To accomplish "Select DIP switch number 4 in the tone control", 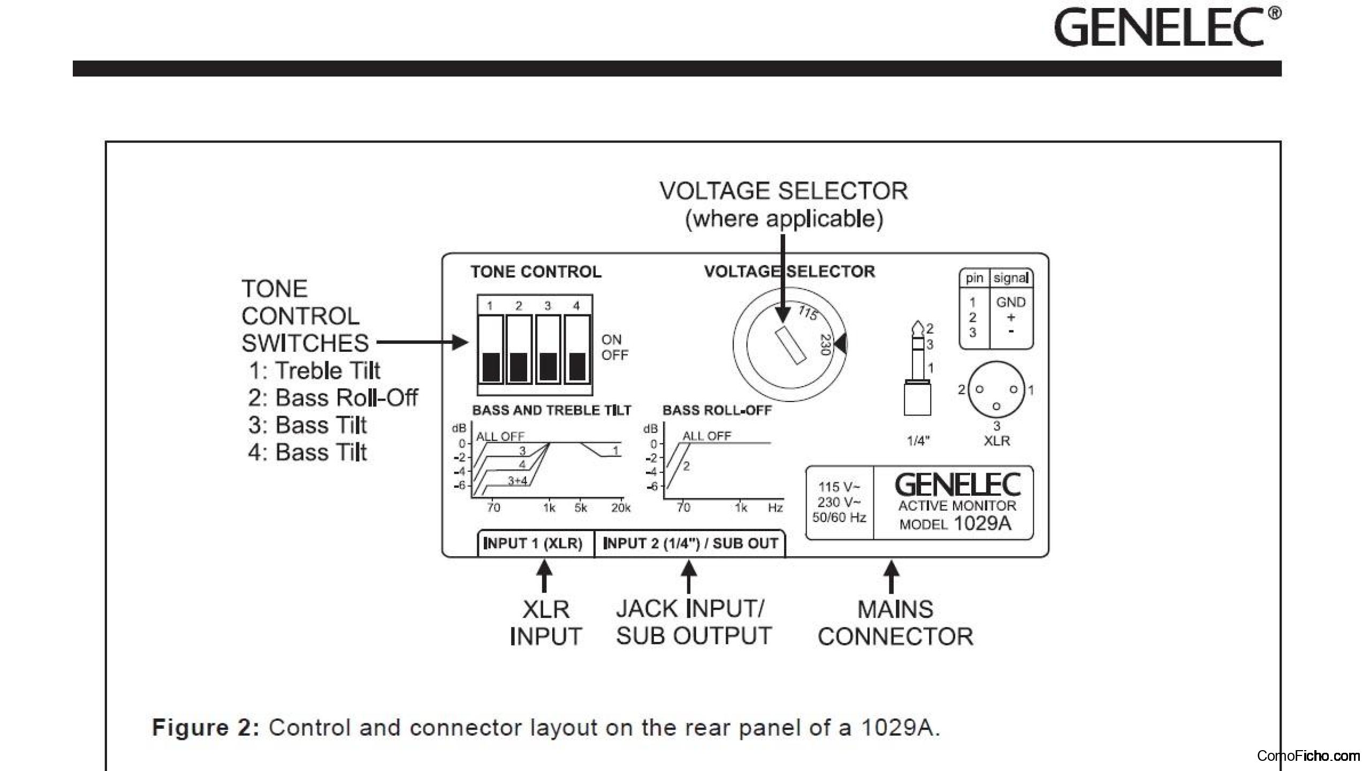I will point(577,349).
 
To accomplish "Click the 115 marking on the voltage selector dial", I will point(808,312).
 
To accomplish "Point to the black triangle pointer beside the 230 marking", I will point(841,344).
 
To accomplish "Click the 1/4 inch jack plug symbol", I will point(917,369).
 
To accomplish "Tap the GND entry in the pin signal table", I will point(1010,302).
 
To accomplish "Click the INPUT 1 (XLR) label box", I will point(533,543).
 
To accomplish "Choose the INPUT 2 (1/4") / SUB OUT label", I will point(690,543).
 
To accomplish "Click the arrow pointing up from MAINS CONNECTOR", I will point(891,576).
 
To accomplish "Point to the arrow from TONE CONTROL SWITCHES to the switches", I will point(423,342).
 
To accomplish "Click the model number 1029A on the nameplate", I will point(983,523).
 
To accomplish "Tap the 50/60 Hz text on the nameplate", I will point(839,517).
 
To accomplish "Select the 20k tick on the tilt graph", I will point(621,508).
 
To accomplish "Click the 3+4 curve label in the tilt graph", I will point(517,480).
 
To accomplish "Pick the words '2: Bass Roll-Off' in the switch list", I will point(332,398).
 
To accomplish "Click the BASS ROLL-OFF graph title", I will point(717,410).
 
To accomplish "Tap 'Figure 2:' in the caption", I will point(206,728).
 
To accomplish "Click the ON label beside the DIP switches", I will point(611,339).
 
